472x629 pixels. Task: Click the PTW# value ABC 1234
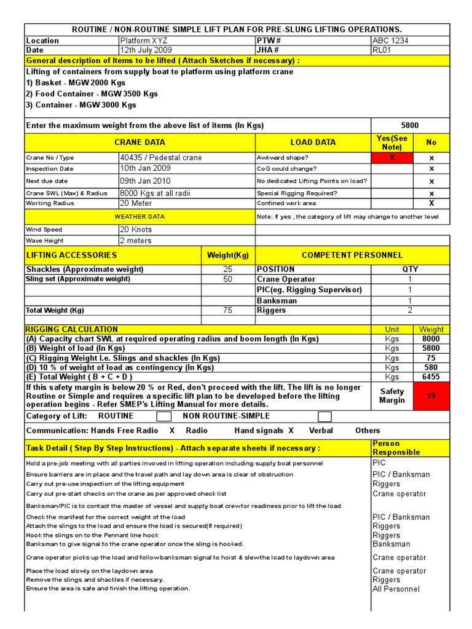(391, 41)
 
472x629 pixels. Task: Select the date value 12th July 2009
(146, 50)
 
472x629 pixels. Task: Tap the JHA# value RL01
(382, 50)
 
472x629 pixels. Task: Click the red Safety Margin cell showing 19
(431, 396)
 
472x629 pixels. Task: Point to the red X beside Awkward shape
(392, 158)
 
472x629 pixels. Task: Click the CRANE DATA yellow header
(140, 142)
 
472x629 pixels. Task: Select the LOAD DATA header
(313, 142)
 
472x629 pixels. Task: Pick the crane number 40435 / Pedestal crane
(160, 157)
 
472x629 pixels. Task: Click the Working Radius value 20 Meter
(136, 203)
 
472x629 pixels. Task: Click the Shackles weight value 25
(227, 270)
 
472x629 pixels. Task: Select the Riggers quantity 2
(410, 310)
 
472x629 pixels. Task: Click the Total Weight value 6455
(431, 377)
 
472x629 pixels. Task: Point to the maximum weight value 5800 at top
(410, 125)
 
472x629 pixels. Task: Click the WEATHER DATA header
(140, 216)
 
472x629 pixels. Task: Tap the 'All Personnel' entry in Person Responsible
(396, 588)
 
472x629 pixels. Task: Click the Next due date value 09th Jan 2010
(145, 181)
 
